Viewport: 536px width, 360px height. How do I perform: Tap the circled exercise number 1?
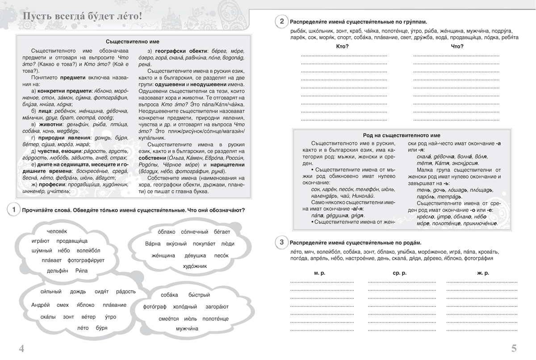click(x=14, y=210)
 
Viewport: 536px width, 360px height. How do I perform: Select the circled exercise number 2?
click(x=281, y=21)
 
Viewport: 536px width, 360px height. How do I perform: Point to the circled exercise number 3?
click(x=281, y=243)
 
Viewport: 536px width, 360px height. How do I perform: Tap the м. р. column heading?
click(x=319, y=273)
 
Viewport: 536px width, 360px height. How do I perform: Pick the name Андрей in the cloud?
click(x=42, y=305)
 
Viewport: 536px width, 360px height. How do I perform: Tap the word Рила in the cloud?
click(x=82, y=271)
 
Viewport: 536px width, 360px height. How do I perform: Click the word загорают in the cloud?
click(x=217, y=307)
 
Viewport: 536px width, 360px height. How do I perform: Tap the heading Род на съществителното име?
click(x=402, y=135)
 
